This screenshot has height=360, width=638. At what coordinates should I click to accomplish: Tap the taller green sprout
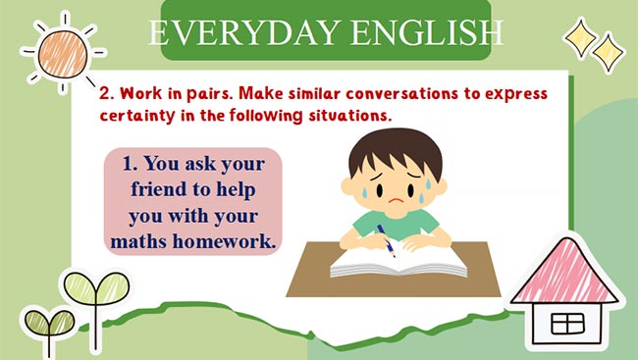[82, 293]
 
